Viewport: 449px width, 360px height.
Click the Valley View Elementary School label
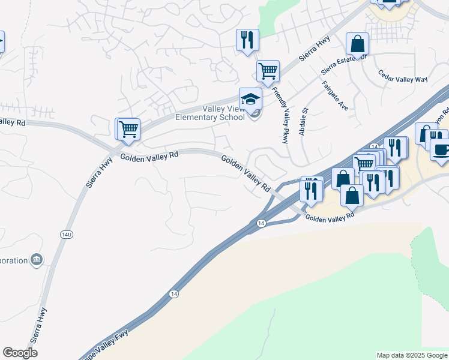[x=209, y=113]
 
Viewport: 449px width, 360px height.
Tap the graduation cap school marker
[x=250, y=99]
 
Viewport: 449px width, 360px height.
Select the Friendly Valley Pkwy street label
[x=280, y=115]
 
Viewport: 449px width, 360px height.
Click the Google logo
[x=20, y=353]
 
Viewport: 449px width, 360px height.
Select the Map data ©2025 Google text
[x=412, y=355]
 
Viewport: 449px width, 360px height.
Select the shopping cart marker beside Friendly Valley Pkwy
[x=268, y=71]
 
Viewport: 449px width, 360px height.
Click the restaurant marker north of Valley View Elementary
[x=247, y=40]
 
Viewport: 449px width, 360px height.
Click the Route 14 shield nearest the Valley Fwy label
[x=173, y=293]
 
